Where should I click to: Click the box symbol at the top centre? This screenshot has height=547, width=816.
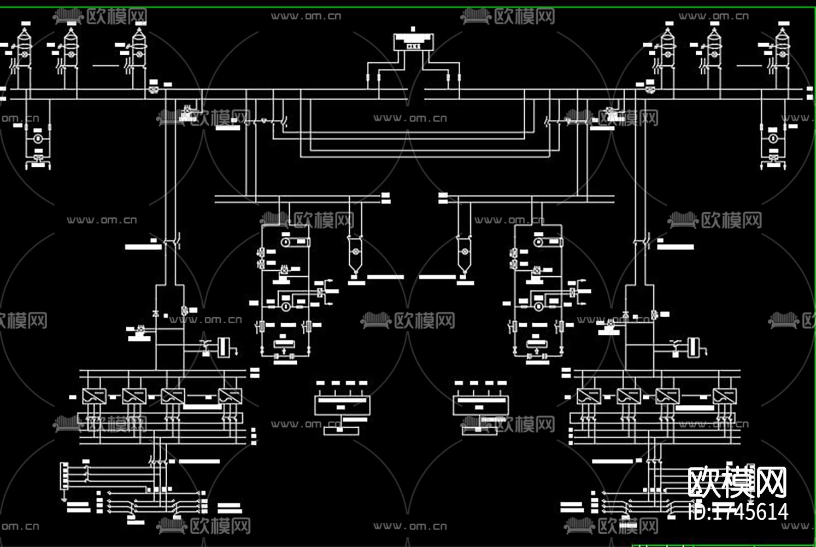coord(413,42)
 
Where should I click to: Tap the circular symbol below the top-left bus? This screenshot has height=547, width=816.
coord(38,139)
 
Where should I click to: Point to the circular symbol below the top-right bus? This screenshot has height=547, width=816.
coord(773,139)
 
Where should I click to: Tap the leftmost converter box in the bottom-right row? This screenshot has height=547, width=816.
coord(588,396)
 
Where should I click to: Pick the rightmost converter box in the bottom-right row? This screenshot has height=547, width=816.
coord(724,396)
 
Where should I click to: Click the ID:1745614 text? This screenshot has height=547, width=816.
coord(738,511)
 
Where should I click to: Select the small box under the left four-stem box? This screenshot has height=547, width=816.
coord(341,430)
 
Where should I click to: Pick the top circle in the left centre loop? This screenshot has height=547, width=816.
coord(285,241)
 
